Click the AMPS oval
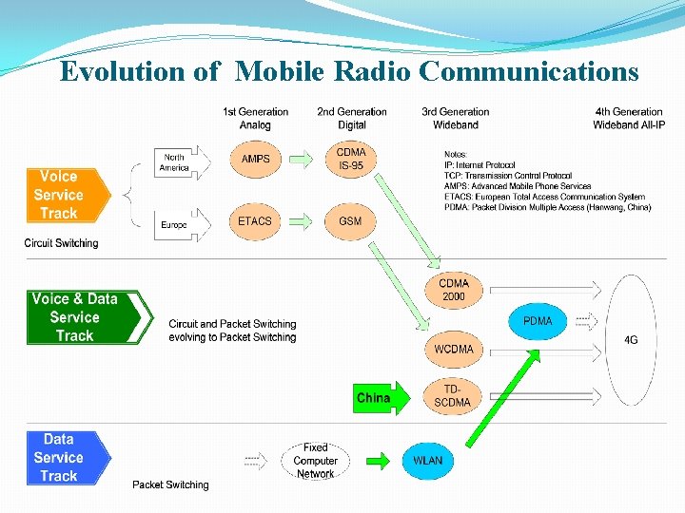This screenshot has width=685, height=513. click(255, 159)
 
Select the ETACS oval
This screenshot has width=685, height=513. click(255, 221)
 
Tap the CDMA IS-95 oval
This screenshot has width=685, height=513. click(350, 159)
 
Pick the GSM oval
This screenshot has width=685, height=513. click(350, 221)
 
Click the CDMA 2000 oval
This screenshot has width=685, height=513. click(454, 290)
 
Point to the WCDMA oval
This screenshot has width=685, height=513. click(454, 349)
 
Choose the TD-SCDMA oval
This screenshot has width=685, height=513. click(453, 396)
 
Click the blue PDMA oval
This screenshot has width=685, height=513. click(538, 321)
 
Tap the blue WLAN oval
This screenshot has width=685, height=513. click(427, 461)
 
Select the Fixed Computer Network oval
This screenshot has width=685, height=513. click(315, 461)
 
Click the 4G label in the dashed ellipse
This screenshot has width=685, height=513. click(631, 339)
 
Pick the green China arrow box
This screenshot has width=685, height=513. click(377, 398)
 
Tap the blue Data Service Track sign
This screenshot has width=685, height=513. click(61, 457)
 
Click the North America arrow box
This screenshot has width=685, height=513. click(177, 162)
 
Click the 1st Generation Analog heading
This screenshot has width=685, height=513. click(255, 118)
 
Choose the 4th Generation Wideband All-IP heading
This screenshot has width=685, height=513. click(628, 118)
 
